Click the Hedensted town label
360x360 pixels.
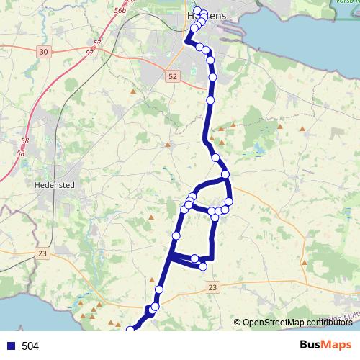pos(55,184)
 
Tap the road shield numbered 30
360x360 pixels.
pos(44,52)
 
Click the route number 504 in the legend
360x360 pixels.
pos(30,346)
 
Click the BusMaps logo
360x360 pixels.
pos(324,345)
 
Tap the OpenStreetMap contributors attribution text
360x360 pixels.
pos(297,322)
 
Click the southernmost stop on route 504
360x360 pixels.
pos(130,330)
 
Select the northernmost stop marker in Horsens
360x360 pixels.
pos(197,11)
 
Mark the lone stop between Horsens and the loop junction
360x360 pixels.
pos(215,157)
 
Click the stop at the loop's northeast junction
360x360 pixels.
pos(225,174)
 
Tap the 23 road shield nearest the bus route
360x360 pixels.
pos(212,287)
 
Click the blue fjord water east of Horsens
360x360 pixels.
pos(288,29)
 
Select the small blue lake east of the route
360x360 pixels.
pos(257,150)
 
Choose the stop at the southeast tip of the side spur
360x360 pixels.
pos(203,266)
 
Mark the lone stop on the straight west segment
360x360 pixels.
pos(176,235)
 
